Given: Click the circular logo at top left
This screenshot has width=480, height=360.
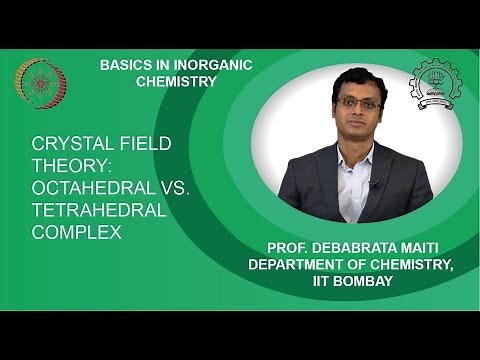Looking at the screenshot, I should [40, 83].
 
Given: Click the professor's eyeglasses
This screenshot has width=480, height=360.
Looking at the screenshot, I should [360, 102].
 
